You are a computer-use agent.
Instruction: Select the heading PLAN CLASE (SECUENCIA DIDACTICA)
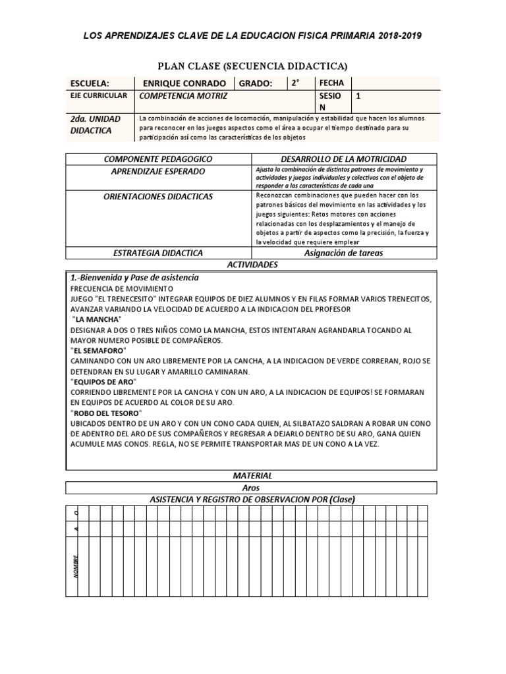pyautogui.click(x=252, y=66)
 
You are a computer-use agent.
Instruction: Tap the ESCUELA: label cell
pyautogui.click(x=90, y=84)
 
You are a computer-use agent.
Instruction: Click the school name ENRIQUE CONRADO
pyautogui.click(x=184, y=84)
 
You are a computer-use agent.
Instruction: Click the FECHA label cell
pyautogui.click(x=331, y=83)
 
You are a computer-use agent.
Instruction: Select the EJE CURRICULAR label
pyautogui.click(x=98, y=96)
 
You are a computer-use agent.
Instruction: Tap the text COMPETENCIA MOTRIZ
pyautogui.click(x=181, y=96)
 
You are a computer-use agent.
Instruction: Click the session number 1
pyautogui.click(x=358, y=96)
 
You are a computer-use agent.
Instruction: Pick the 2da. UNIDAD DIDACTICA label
pyautogui.click(x=96, y=124)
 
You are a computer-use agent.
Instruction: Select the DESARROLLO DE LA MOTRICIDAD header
pyautogui.click(x=343, y=159)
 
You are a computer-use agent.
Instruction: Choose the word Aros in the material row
pyautogui.click(x=251, y=488)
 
